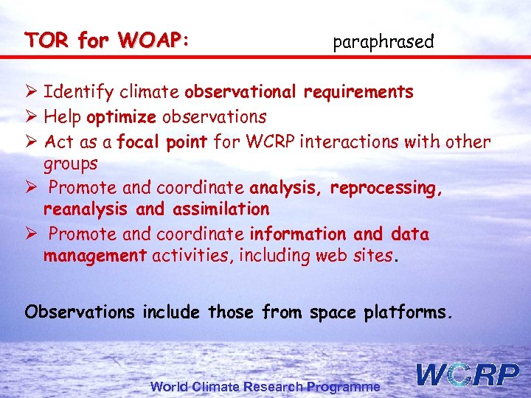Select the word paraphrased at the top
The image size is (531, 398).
383,42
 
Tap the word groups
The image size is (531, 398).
70,163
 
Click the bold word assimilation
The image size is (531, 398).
221,209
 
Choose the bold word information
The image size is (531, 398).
297,234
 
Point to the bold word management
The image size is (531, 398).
95,256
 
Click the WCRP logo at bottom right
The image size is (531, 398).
468,374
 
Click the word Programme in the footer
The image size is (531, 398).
344,386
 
